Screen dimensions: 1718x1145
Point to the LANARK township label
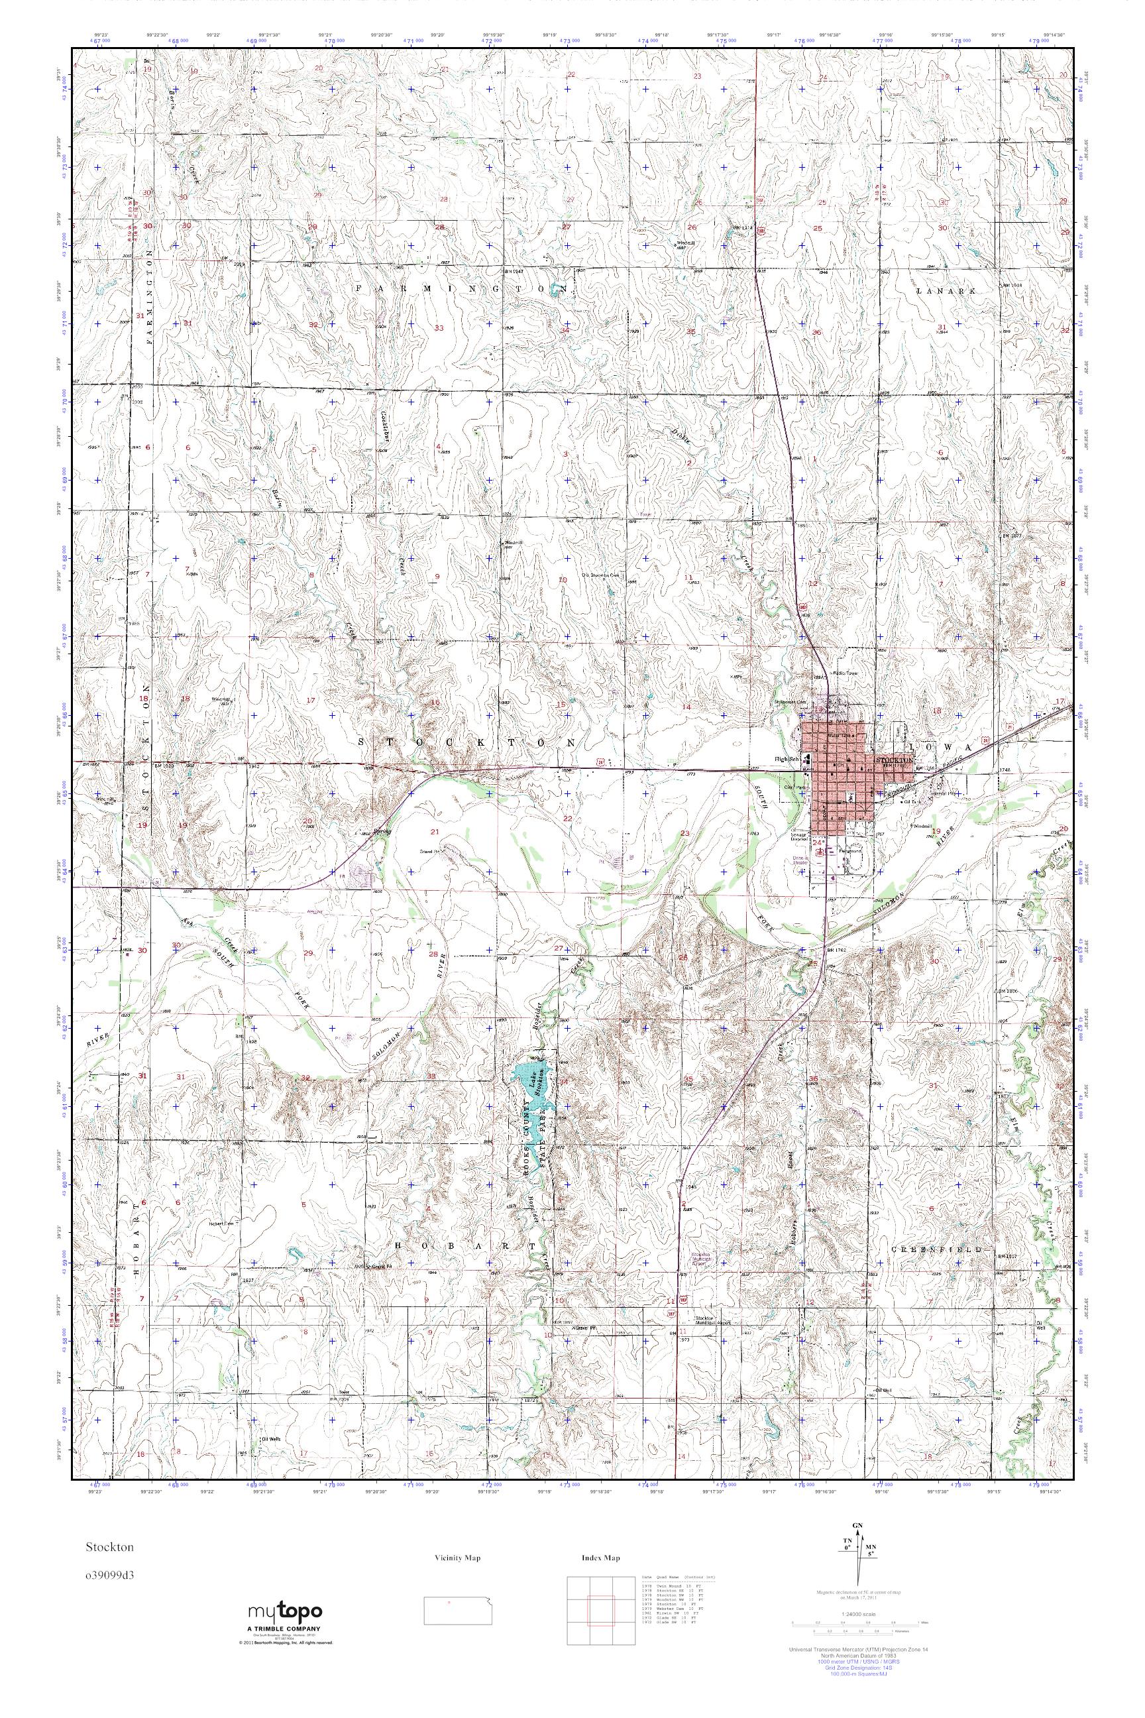[x=946, y=291]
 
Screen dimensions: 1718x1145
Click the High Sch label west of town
[x=787, y=760]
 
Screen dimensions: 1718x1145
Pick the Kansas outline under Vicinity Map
[x=458, y=1618]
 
